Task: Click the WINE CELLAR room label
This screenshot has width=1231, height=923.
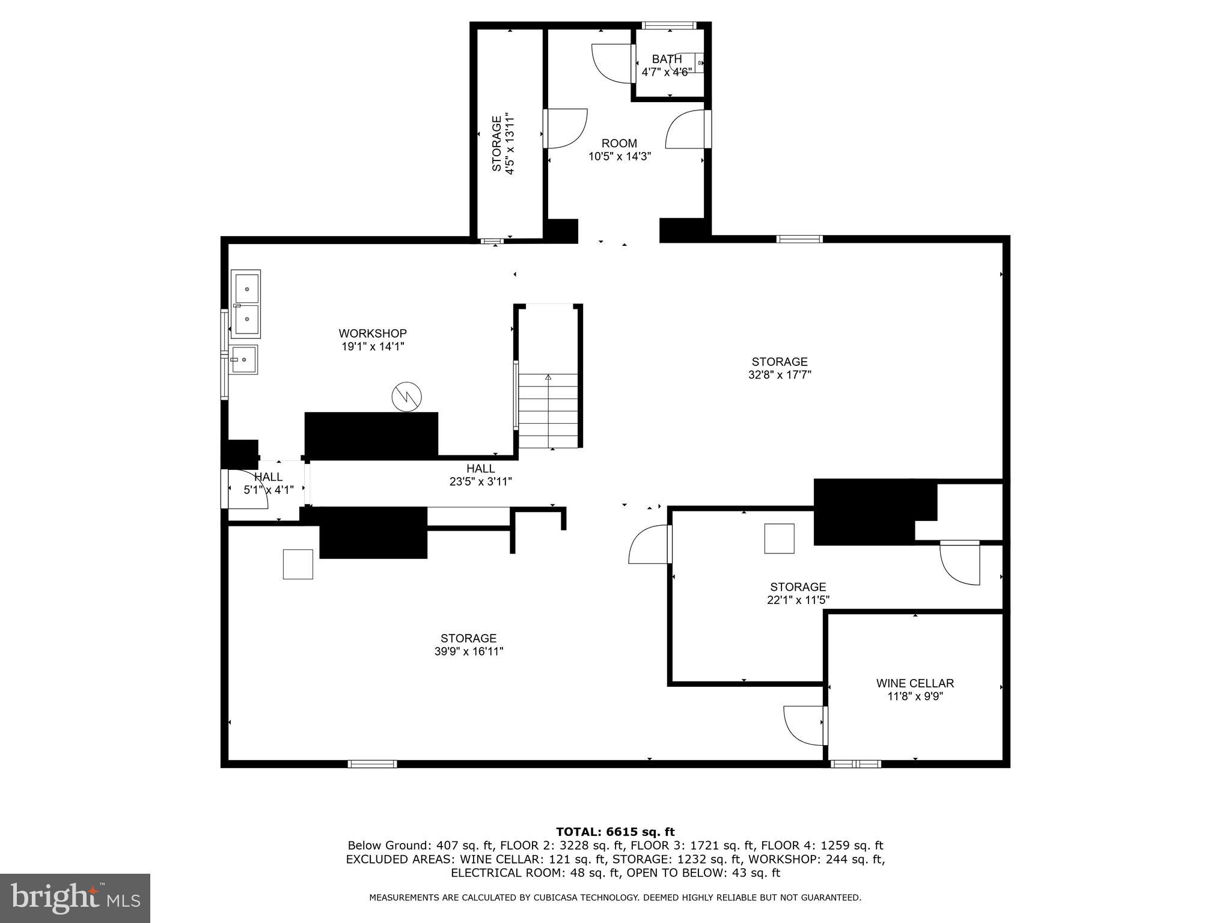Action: point(915,683)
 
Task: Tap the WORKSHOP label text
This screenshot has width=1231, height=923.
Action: point(372,334)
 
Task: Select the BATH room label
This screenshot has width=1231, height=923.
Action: point(667,59)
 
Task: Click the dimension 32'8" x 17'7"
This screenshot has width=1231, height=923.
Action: point(779,375)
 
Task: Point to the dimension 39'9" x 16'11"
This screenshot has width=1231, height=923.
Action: point(468,651)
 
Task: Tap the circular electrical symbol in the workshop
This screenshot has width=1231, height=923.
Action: point(406,397)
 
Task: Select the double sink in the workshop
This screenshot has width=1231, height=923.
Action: point(246,303)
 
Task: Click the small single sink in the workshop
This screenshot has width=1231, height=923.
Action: point(244,359)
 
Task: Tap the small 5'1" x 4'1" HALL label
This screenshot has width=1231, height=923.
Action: point(268,477)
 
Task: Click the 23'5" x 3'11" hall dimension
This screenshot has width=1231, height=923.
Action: point(480,481)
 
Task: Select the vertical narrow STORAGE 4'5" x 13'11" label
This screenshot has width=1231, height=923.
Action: point(503,144)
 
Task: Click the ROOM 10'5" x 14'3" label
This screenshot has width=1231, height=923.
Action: point(619,150)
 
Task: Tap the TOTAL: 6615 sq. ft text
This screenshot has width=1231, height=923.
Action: point(615,832)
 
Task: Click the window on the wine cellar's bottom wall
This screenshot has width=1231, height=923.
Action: point(855,764)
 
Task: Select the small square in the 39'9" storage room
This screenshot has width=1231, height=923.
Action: point(298,564)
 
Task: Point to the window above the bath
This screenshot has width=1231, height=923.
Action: point(668,25)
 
